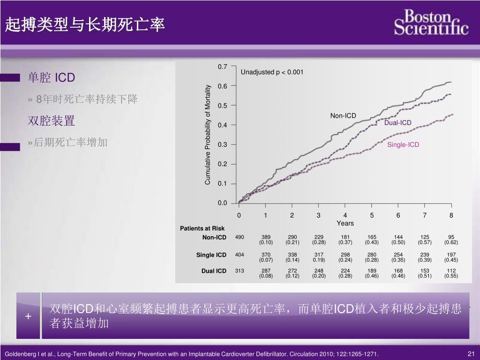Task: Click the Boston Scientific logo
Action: [431, 22]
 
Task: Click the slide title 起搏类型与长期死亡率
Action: [85, 25]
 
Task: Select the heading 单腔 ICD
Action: [51, 77]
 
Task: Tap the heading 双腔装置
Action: [51, 121]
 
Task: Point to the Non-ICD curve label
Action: [343, 116]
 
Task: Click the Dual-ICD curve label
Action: [397, 123]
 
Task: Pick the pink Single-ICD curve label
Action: [403, 145]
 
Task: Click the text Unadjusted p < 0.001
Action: [272, 72]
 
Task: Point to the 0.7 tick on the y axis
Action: [223, 67]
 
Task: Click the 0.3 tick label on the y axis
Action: [223, 145]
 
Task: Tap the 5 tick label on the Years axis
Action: [372, 216]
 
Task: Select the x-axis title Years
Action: [345, 224]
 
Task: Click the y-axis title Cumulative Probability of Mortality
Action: [208, 135]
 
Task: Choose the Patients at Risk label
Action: [202, 229]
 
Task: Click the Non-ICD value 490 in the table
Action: [240, 237]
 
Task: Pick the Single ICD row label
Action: [211, 255]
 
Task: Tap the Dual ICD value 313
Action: [240, 271]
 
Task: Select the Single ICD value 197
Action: [451, 255]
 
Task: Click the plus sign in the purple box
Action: [28, 316]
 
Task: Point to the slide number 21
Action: [472, 354]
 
